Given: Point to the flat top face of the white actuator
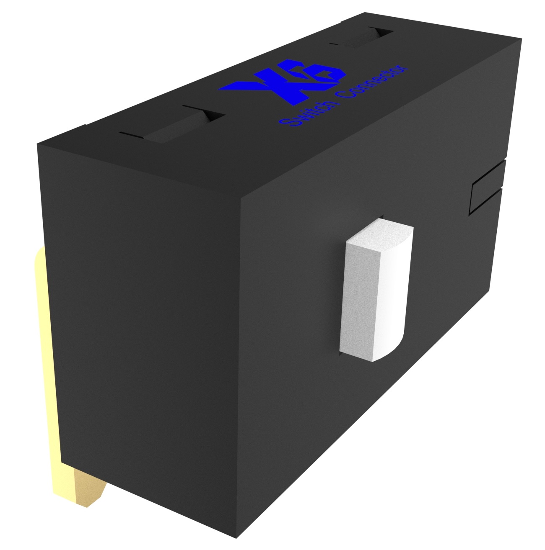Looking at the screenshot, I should (379, 236).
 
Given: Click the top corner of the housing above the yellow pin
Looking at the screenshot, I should (39, 144).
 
